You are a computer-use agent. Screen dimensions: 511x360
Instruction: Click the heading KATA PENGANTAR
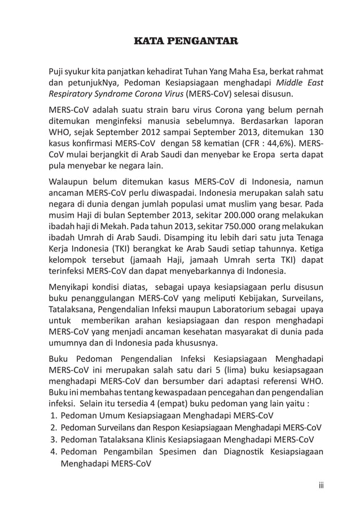pos(185,41)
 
